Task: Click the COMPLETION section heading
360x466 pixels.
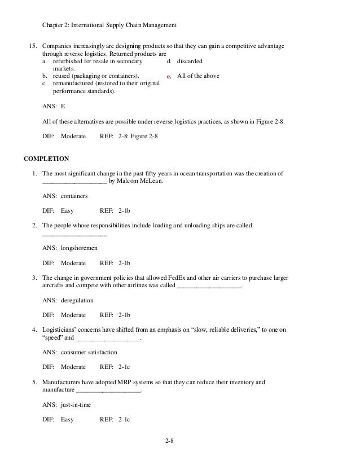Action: pyautogui.click(x=46, y=159)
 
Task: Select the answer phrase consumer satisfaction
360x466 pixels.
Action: pyautogui.click(x=89, y=351)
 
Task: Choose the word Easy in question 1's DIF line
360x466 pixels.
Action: pyautogui.click(x=67, y=210)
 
